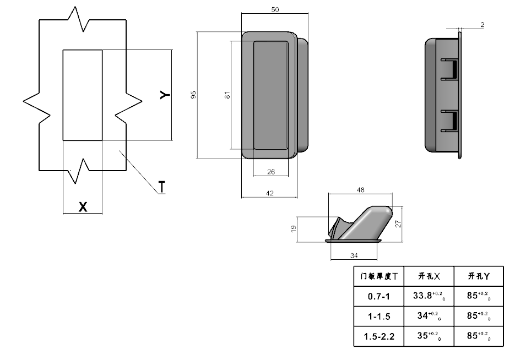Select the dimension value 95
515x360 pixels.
pyautogui.click(x=193, y=95)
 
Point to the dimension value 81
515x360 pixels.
pyautogui.click(x=227, y=95)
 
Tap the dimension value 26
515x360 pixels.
pyautogui.click(x=271, y=172)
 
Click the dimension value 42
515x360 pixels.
pyautogui.click(x=270, y=193)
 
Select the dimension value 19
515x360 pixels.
pyautogui.click(x=293, y=228)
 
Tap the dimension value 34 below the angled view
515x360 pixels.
pyautogui.click(x=354, y=255)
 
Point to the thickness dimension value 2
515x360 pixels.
pyautogui.click(x=482, y=25)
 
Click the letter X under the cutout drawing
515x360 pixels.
pyautogui.click(x=83, y=207)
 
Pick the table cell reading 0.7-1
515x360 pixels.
pyautogui.click(x=379, y=297)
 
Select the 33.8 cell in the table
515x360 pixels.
pyautogui.click(x=429, y=296)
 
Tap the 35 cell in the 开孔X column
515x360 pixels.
pyautogui.click(x=429, y=336)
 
